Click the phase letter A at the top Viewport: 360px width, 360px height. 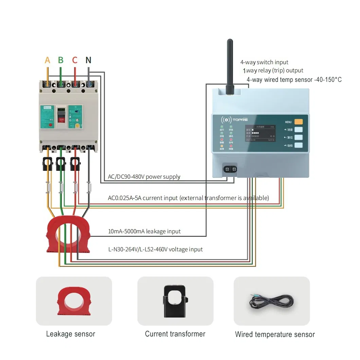coord(48,60)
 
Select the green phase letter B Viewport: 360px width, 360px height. coord(61,60)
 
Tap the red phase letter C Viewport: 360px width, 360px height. coord(75,60)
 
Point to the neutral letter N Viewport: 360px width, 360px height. coord(88,60)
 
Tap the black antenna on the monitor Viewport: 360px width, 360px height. coord(230,65)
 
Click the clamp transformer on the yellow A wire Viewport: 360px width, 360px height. coord(48,164)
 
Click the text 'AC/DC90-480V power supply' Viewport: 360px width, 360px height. coord(144,177)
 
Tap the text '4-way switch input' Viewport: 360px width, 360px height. coord(264,62)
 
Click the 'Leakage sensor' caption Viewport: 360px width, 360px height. coord(71,334)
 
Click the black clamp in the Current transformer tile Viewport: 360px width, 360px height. coord(175,301)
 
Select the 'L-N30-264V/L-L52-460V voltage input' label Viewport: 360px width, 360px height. coord(155,249)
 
